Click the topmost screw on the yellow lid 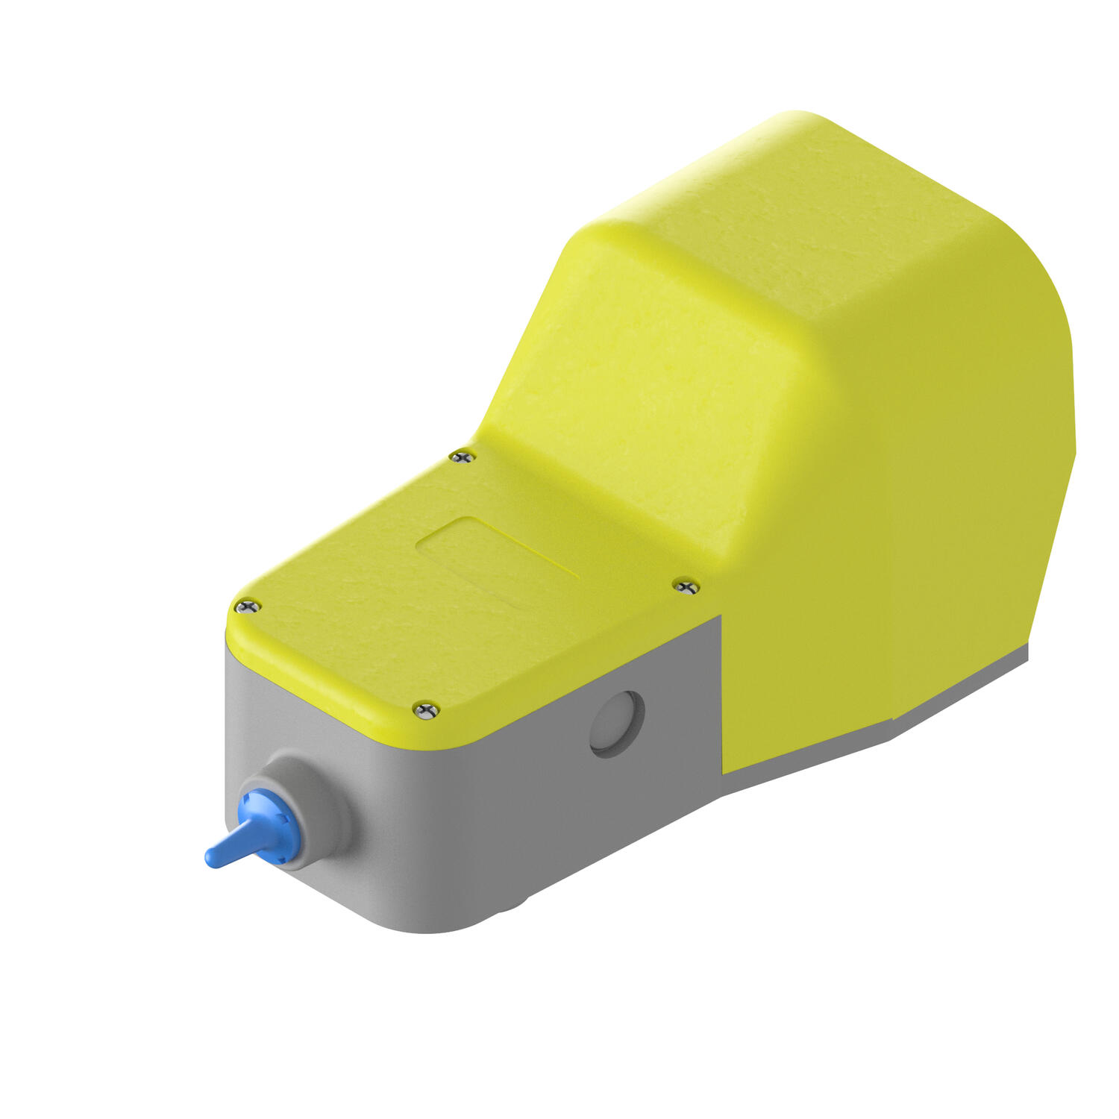463,455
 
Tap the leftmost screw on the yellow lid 248,606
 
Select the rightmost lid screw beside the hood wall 686,586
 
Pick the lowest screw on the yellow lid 426,709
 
